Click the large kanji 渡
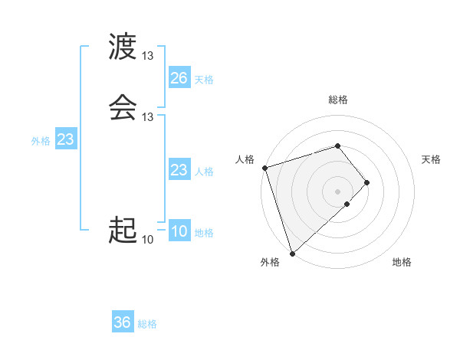click(123, 47)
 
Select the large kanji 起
click(123, 230)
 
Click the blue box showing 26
click(179, 78)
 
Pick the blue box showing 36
click(123, 322)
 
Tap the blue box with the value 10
click(179, 232)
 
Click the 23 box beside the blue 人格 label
click(179, 170)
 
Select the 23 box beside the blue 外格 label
click(65, 139)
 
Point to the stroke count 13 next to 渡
click(148, 56)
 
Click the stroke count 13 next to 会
click(148, 116)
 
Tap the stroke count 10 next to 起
click(148, 240)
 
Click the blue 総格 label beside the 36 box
click(147, 324)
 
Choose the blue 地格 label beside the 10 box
click(204, 233)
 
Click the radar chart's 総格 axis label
click(337, 100)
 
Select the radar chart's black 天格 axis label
click(431, 159)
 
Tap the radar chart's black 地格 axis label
click(402, 263)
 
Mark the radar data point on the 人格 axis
click(264, 168)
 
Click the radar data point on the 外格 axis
click(291, 253)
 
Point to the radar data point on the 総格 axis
click(337, 146)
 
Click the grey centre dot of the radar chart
click(337, 191)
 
